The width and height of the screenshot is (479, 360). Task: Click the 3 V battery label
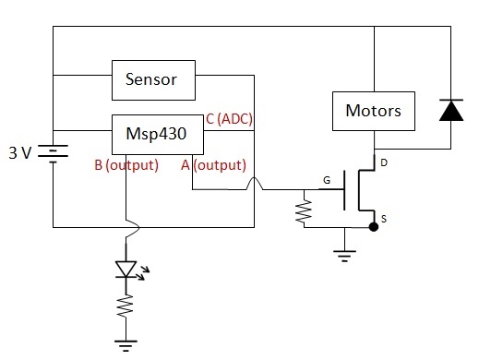(x=20, y=152)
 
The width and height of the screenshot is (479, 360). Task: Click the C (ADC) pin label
(x=229, y=119)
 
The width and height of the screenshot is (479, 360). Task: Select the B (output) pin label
(x=126, y=165)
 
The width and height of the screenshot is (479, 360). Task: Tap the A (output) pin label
(x=213, y=165)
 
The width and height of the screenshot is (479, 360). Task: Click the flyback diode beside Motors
(x=451, y=110)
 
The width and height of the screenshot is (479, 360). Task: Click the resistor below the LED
(x=126, y=306)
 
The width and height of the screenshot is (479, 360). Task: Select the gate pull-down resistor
(x=304, y=210)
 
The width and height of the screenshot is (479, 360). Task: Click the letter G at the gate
(x=327, y=180)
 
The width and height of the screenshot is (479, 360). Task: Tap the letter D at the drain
(x=384, y=162)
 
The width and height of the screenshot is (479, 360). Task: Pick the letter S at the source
(x=384, y=219)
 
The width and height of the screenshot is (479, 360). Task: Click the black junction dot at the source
(x=374, y=227)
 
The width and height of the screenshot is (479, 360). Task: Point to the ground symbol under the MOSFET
(x=344, y=256)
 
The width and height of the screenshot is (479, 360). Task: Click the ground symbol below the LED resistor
(x=126, y=345)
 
